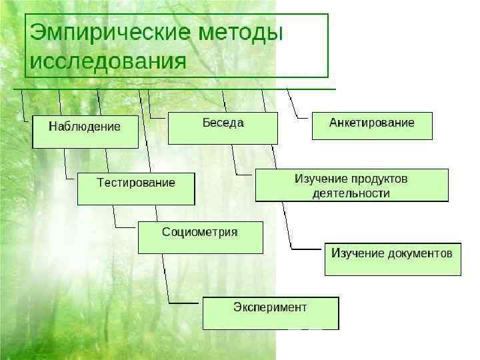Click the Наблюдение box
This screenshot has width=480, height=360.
85,132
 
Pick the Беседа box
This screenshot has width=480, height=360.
223,128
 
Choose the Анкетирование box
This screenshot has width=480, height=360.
372,125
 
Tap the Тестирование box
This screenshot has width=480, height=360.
136,189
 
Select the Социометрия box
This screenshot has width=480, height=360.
200,237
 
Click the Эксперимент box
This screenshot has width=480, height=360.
270,313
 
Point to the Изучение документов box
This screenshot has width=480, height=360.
392,259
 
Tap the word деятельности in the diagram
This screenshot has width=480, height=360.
351,193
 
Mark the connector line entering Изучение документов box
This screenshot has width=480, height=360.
307,249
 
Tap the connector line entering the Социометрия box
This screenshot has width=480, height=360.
127,227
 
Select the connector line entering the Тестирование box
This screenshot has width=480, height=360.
71,178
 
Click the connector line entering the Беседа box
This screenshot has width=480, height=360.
158,118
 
